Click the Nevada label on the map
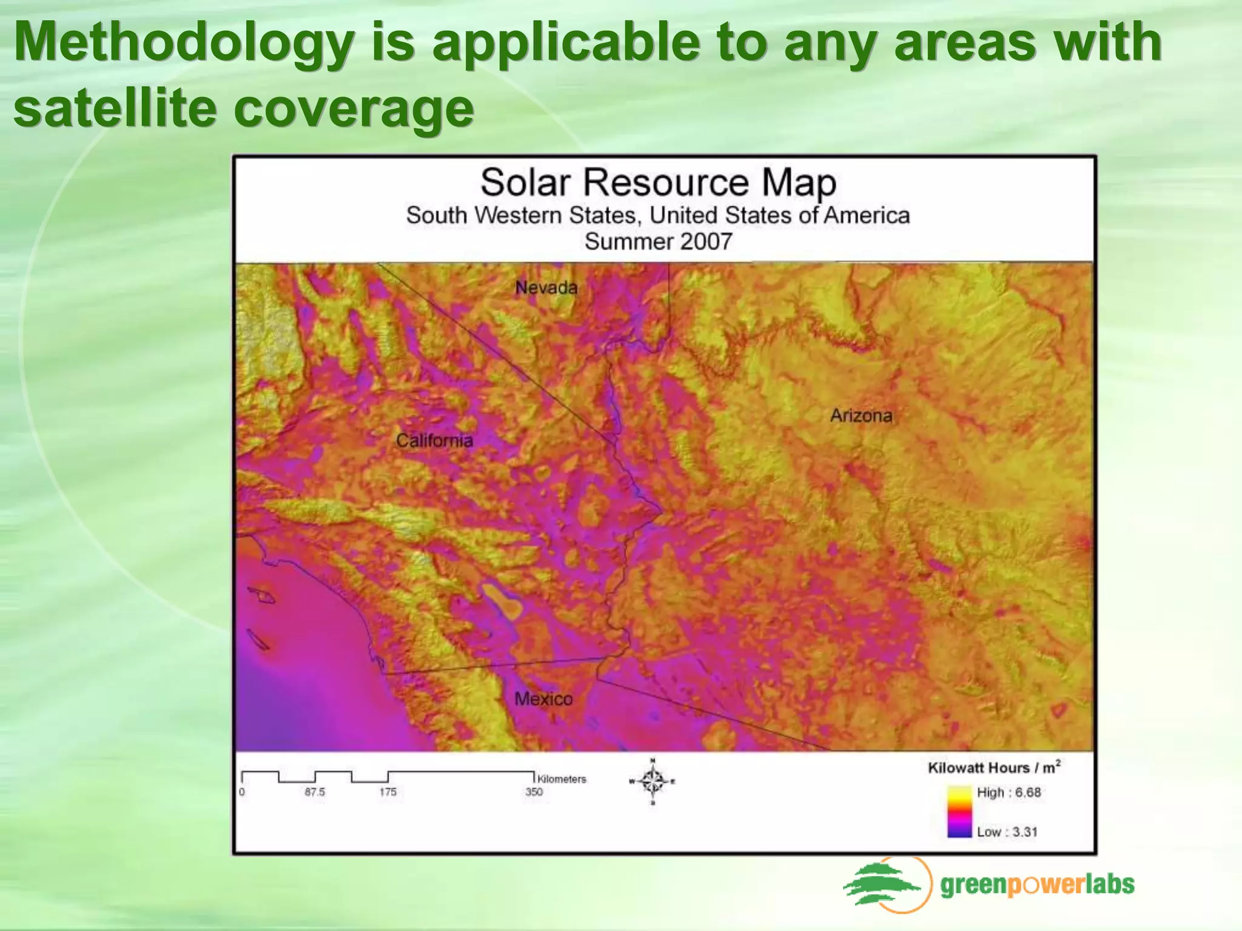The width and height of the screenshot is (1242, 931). click(546, 287)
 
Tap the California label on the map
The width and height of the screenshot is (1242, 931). click(434, 441)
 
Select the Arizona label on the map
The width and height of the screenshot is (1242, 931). click(861, 416)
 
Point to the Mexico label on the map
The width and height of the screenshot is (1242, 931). click(543, 699)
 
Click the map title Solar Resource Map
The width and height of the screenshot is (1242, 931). click(658, 182)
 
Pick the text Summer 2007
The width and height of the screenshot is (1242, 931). click(658, 241)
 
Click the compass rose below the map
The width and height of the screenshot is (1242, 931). click(653, 782)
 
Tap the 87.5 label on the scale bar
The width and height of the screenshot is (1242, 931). click(314, 792)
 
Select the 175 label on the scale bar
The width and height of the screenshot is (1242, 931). click(388, 792)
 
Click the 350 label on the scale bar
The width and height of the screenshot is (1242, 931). click(534, 792)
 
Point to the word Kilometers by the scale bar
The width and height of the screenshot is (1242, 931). click(562, 779)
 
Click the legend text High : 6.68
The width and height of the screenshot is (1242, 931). click(1009, 792)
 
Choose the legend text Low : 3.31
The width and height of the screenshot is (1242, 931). click(1007, 832)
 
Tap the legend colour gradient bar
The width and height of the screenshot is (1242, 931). click(959, 812)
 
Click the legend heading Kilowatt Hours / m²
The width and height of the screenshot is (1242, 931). click(994, 767)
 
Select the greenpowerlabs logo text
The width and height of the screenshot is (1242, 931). click(1037, 885)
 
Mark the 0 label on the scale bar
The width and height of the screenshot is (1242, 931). click(242, 792)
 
